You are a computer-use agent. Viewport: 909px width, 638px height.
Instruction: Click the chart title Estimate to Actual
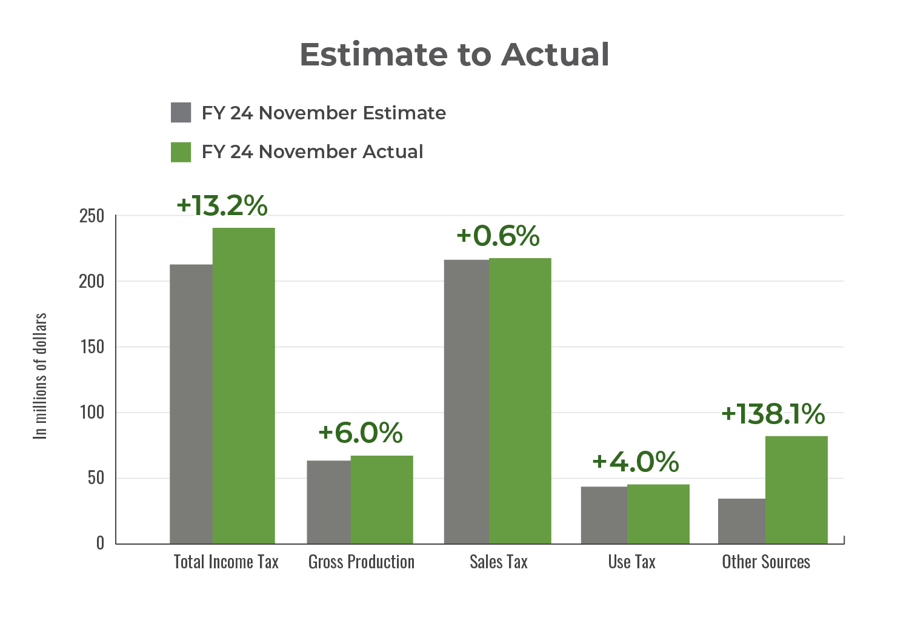pos(454,55)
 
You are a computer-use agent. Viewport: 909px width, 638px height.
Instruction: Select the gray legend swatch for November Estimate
pos(181,113)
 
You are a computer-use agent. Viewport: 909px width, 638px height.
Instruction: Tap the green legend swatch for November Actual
pos(181,151)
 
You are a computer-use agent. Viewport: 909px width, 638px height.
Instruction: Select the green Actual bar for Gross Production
pos(382,499)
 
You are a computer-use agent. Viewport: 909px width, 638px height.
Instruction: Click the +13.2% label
pos(222,206)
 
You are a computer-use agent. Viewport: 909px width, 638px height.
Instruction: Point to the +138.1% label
pos(773,414)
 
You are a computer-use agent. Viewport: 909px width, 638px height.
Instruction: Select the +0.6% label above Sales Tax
pos(498,236)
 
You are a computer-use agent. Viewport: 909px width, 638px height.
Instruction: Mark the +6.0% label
pos(360,433)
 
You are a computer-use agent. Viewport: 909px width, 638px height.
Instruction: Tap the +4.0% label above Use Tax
pos(635,462)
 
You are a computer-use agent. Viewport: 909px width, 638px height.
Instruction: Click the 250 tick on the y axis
pos(92,216)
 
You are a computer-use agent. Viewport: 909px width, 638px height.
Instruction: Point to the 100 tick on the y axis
pos(92,413)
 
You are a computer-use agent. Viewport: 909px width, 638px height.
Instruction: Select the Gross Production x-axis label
pos(361,562)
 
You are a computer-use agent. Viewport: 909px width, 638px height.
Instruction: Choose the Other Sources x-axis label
pos(766,562)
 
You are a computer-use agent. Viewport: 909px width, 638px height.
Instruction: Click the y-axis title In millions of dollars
pos(40,376)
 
